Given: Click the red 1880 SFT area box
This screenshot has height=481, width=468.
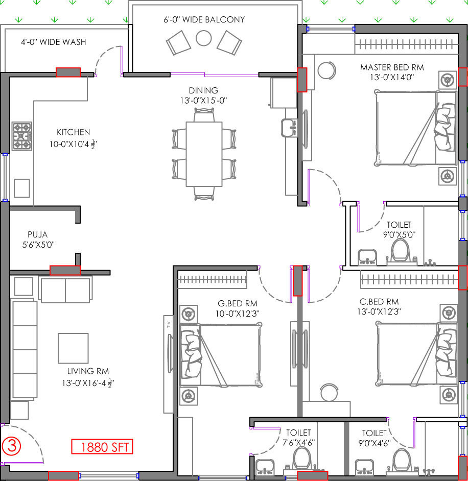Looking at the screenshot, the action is (102, 446).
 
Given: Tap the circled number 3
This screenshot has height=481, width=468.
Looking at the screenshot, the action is (12, 446).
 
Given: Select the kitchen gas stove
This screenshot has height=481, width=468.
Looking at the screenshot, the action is (22, 136).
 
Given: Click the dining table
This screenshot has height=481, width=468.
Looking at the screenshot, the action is (204, 154).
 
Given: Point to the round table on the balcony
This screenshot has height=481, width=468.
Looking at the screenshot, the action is (204, 38).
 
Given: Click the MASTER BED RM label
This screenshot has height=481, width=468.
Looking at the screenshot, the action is (392, 67).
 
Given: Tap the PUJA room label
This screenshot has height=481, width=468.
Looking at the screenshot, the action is (38, 235).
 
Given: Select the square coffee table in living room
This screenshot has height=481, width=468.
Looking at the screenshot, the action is (73, 348).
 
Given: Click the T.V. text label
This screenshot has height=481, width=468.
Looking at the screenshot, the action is (168, 324).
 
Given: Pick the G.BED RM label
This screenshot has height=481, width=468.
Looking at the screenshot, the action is (238, 303).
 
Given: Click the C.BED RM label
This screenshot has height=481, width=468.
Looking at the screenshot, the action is (379, 302).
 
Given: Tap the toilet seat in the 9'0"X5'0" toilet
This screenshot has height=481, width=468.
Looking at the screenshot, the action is (401, 250).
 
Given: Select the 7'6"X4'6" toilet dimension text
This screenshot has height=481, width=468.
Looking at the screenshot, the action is (298, 443).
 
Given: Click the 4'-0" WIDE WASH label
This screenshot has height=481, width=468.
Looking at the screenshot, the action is (54, 42).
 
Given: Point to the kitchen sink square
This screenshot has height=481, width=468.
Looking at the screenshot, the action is (22, 188).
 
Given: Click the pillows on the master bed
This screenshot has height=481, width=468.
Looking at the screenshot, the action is (445, 127).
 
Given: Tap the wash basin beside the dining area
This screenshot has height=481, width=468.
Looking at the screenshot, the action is (289, 128).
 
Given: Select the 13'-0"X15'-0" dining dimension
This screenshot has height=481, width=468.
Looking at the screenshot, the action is (203, 100).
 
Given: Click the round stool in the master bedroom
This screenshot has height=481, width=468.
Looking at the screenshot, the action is (326, 70).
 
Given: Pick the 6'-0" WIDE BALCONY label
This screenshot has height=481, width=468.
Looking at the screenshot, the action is (204, 19).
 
